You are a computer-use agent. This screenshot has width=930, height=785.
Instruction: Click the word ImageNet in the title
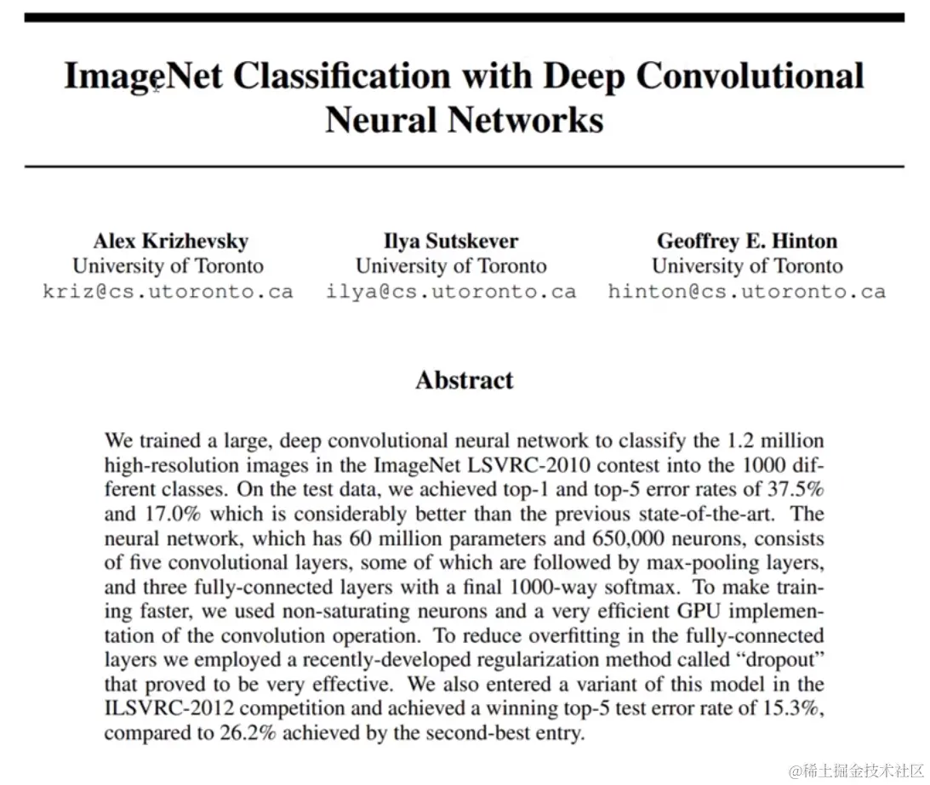[x=143, y=76]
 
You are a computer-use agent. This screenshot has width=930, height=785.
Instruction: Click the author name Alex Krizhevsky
[x=170, y=241]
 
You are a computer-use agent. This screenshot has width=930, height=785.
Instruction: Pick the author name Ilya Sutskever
[x=451, y=241]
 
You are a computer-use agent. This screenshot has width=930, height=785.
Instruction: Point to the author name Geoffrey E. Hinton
[x=747, y=241]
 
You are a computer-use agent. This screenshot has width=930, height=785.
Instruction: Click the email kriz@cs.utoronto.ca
[x=168, y=292]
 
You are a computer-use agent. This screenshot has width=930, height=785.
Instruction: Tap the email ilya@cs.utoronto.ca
[x=451, y=292]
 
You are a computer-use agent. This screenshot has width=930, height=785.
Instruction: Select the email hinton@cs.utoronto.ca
[x=747, y=292]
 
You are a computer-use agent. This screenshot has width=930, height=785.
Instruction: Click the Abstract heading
[x=465, y=379]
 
